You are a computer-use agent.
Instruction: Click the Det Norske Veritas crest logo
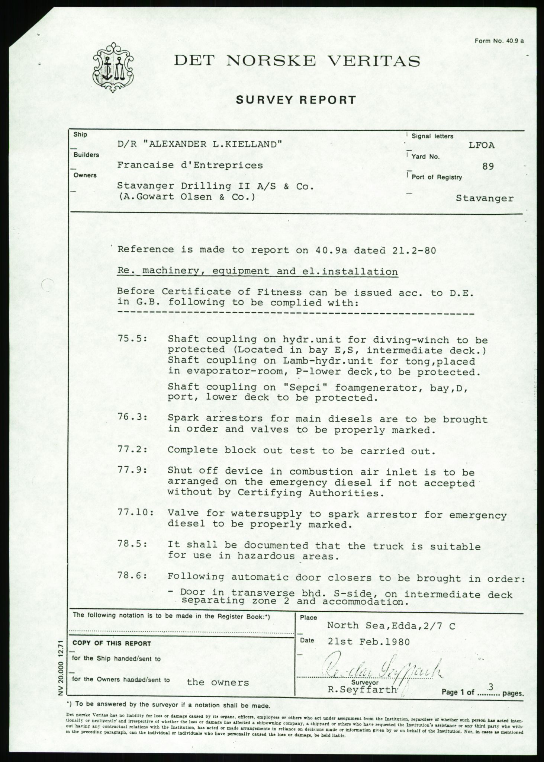113,67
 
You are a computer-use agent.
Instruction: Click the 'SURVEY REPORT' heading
296,100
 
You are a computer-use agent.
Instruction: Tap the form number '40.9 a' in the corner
515,41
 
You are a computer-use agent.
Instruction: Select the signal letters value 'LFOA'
482,145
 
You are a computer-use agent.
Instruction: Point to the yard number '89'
488,166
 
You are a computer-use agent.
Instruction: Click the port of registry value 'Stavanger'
485,198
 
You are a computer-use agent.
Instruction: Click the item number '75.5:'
132,339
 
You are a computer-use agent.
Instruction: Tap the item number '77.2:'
132,449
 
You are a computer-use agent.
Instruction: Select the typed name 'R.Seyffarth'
362,689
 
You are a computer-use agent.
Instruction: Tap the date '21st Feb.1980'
368,642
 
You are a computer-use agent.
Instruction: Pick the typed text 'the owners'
218,682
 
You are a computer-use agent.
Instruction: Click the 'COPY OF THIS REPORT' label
112,643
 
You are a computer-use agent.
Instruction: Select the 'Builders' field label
86,155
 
